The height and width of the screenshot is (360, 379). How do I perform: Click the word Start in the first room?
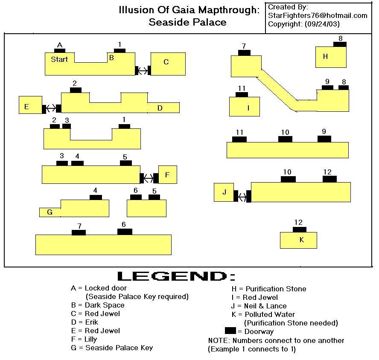[x=59, y=59]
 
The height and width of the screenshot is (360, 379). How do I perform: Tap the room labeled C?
[x=168, y=64]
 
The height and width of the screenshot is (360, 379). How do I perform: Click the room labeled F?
[x=167, y=174]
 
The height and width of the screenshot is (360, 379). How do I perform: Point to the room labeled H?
[x=330, y=57]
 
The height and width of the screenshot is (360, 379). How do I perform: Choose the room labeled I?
[x=245, y=107]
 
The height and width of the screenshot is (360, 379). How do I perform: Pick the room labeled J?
[x=224, y=192]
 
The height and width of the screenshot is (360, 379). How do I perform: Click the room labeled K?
[x=298, y=240]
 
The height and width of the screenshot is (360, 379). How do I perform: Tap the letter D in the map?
[x=160, y=108]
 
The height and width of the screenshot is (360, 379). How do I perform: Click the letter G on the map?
[x=50, y=212]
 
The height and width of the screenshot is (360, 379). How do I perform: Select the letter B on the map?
[x=111, y=57]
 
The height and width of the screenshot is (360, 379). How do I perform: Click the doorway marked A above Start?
[x=60, y=50]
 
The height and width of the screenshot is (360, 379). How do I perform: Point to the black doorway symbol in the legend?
[x=230, y=331]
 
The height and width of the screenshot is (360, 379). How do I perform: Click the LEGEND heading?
[x=176, y=276]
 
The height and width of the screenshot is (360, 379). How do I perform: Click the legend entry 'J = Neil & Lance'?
[x=259, y=306]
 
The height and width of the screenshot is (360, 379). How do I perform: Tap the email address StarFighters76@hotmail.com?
[x=318, y=15]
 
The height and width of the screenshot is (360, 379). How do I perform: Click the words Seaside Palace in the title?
[x=187, y=22]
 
